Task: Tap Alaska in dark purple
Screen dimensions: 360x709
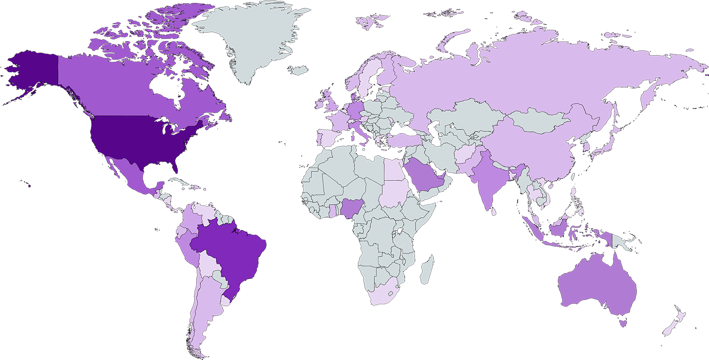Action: coord(33,71)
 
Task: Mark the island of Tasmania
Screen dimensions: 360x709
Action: coord(623,324)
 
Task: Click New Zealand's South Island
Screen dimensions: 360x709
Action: coord(670,328)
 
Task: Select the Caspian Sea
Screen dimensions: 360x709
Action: coord(435,132)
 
